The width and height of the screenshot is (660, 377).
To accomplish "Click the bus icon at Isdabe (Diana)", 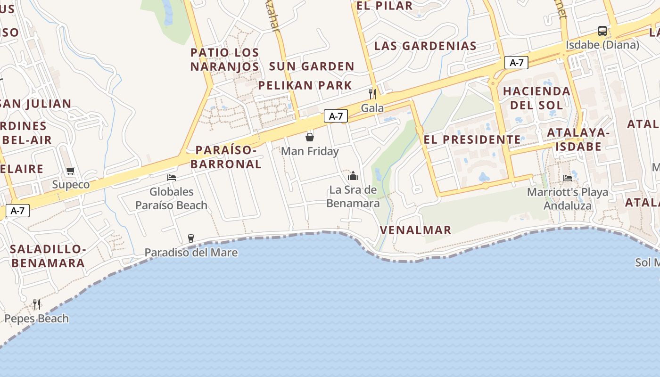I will [602, 31].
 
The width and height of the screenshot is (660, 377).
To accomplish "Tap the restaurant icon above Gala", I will [372, 94].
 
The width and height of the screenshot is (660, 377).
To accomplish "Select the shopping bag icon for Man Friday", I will [310, 137].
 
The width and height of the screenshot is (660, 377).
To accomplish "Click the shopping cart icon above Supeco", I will [70, 171].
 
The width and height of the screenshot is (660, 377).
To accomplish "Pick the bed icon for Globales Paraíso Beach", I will [172, 178].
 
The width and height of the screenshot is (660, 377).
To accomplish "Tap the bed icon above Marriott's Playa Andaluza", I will [568, 178].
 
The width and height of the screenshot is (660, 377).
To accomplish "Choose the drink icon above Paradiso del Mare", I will [190, 238].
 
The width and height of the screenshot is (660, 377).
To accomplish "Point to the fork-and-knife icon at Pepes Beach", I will [37, 304].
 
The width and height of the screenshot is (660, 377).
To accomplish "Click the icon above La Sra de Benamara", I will [353, 176].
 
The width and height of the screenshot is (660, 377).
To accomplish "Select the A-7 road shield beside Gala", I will [336, 116].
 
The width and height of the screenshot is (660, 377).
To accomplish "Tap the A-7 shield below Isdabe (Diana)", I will [516, 63].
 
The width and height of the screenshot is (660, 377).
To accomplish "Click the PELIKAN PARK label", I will [305, 85].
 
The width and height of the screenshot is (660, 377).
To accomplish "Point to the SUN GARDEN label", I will [312, 66].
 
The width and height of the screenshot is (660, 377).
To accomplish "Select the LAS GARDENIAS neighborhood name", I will [425, 46].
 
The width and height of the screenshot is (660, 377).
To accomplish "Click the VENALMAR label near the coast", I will [415, 230].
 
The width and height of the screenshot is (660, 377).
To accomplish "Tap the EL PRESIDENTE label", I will [472, 139].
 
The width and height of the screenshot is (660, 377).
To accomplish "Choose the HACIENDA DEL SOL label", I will [536, 98].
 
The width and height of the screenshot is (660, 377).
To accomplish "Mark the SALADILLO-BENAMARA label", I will [48, 256].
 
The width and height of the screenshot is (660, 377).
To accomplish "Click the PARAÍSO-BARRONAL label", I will [228, 157].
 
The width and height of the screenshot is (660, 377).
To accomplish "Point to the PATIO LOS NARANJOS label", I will [225, 59].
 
